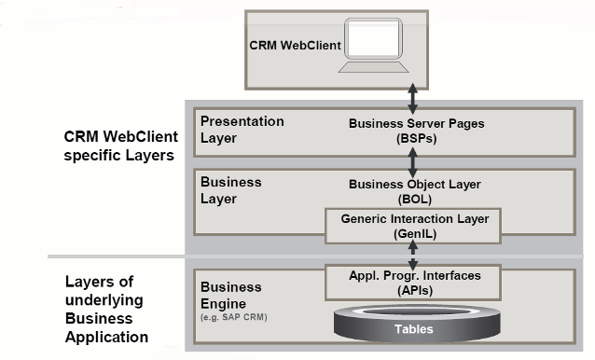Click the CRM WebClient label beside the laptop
[x=295, y=46]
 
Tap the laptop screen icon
[x=373, y=38]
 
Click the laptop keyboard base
[x=374, y=67]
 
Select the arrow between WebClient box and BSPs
[x=412, y=99]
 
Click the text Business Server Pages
[x=416, y=124]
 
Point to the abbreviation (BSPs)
[x=416, y=138]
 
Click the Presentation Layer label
[x=242, y=130]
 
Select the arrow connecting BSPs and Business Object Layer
[x=412, y=162]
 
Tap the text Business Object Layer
[x=415, y=185]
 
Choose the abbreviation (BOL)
[x=415, y=200]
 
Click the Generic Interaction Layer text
[x=415, y=219]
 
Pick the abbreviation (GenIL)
[x=415, y=234]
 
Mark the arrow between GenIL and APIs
[x=413, y=256]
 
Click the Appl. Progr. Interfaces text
[x=415, y=276]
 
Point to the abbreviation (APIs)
[x=415, y=291]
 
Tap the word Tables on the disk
[x=414, y=329]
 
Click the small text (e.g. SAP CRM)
[x=234, y=317]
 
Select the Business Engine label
[x=230, y=296]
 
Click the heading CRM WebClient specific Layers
[x=120, y=146]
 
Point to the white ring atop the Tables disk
[x=416, y=307]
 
